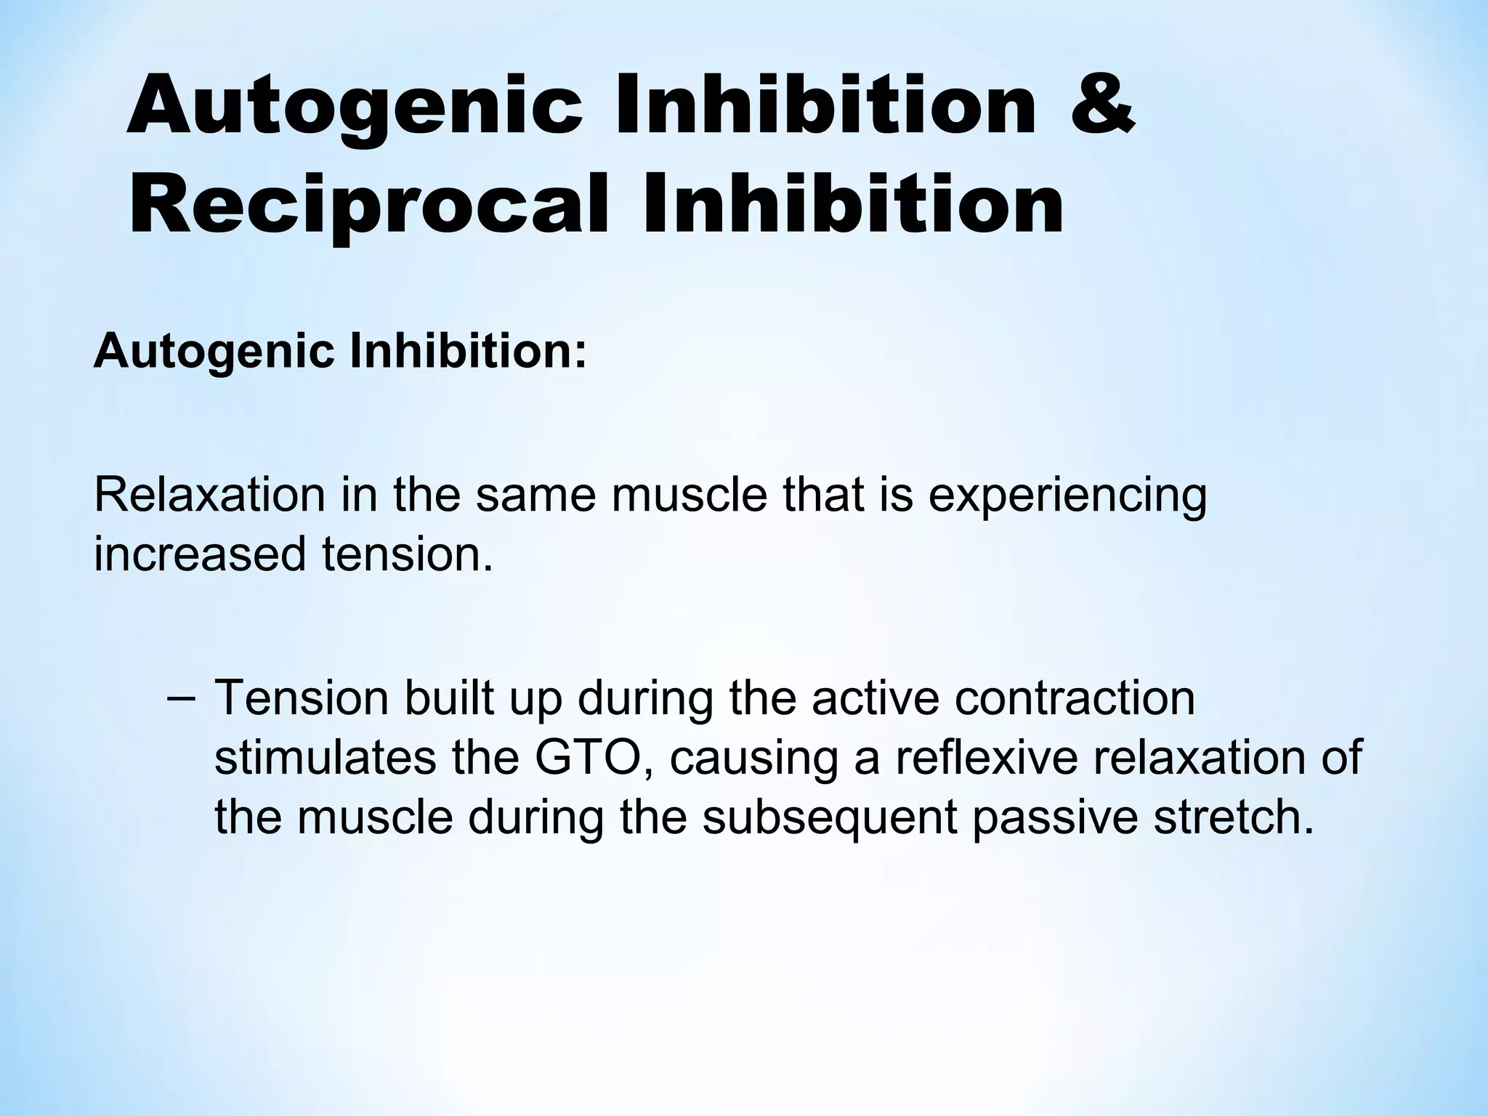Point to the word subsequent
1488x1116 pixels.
[829, 817]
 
